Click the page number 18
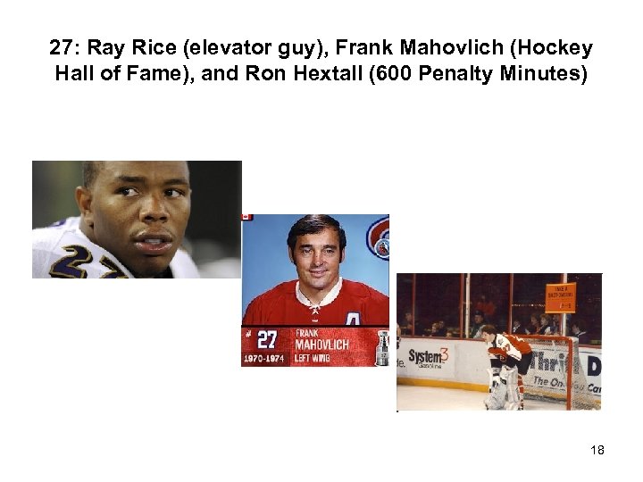coord(597,450)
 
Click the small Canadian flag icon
coord(247,217)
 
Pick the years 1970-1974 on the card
coord(263,359)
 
